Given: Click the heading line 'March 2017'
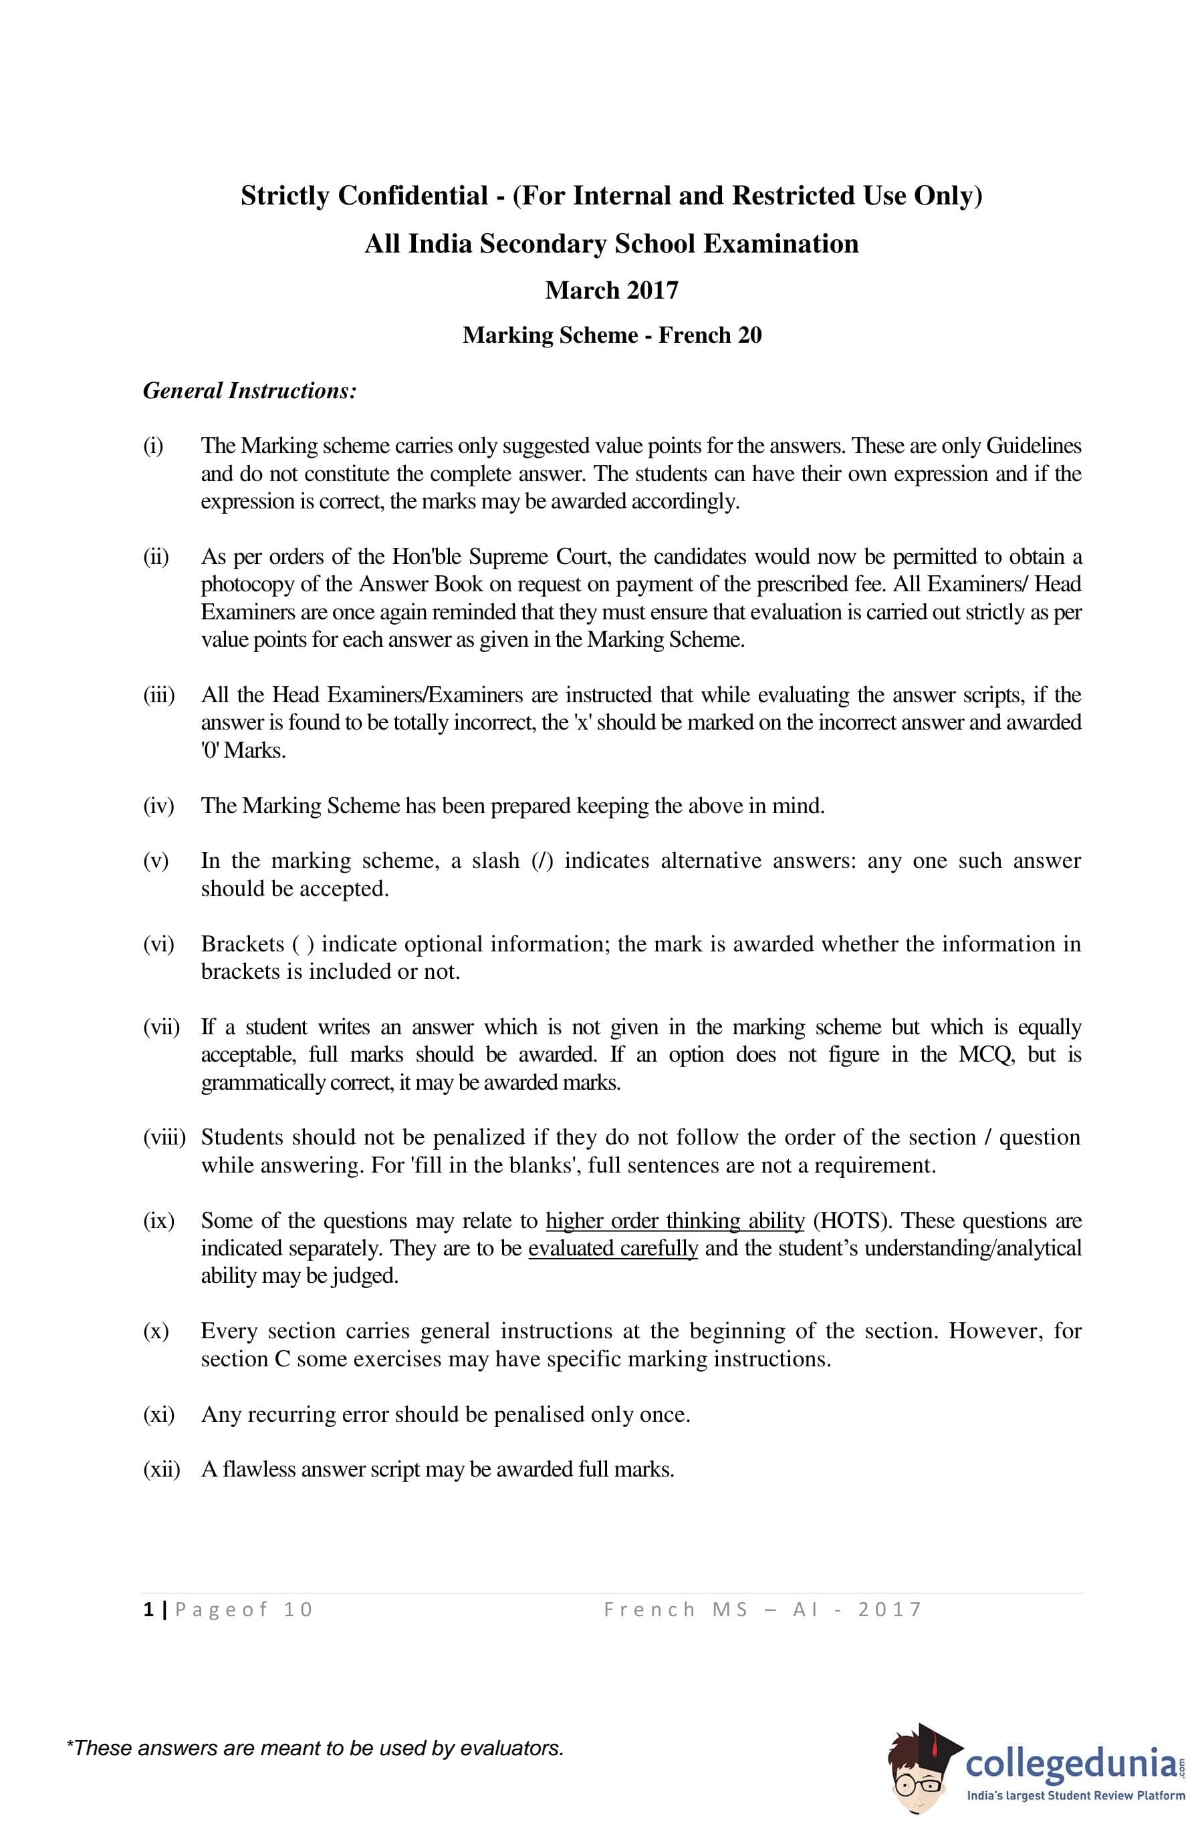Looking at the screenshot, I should click(611, 290).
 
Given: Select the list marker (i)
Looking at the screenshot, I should click(153, 446).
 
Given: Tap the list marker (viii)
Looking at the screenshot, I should click(164, 1138).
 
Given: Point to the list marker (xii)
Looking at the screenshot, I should click(161, 1469).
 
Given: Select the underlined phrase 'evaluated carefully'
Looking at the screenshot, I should click(612, 1248).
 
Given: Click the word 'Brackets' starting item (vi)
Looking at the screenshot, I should click(241, 944).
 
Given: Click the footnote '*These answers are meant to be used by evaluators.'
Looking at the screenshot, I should click(315, 1748).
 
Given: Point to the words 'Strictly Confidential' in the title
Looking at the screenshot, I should click(364, 196).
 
